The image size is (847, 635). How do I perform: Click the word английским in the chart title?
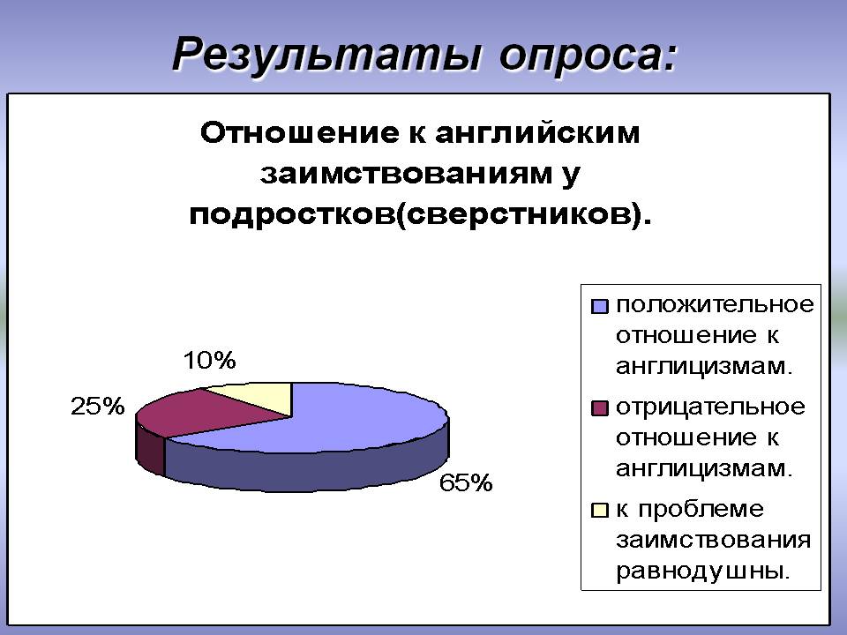537,133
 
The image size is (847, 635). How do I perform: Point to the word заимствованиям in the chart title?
406,174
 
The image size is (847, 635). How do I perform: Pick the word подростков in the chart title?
292,215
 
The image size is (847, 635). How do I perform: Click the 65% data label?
466,482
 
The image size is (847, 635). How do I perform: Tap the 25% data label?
97,406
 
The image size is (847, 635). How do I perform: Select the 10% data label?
210,360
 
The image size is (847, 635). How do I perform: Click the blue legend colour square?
600,306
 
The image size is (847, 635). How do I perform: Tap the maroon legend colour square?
600,407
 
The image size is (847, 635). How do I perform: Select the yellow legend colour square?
600,510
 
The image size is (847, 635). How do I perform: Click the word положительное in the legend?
715,305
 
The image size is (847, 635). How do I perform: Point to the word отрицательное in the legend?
710,407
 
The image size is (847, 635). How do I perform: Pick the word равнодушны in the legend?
703,571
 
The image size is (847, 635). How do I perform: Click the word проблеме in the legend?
701,510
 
